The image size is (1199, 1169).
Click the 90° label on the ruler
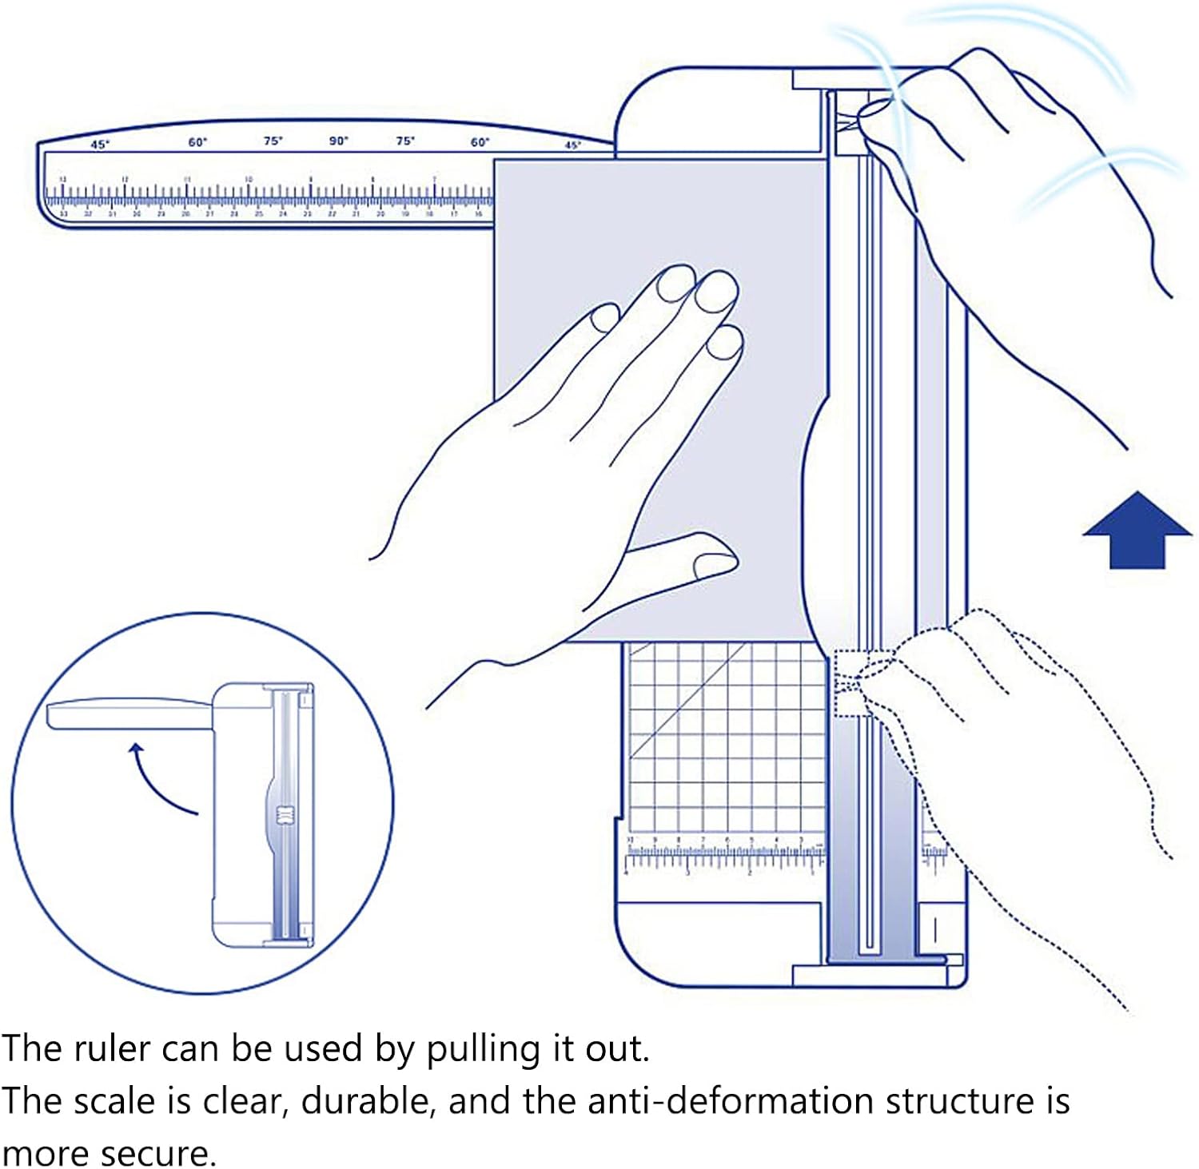(339, 141)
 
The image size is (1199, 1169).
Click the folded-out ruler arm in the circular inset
(128, 713)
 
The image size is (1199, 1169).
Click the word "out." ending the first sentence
(618, 1048)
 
